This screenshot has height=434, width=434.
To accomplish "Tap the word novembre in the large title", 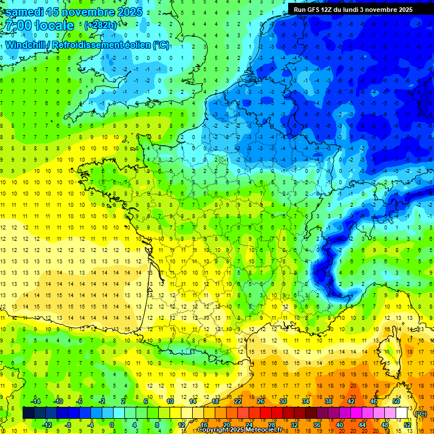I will (88, 12).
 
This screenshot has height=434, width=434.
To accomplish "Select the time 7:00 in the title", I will (17, 25).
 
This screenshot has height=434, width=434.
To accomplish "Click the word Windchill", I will (26, 45).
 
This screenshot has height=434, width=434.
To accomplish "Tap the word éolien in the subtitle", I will (138, 45).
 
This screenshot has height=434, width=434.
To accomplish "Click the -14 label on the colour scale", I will (35, 401).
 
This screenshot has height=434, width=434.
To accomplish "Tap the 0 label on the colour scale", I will (111, 424).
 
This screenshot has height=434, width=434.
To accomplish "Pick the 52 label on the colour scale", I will (407, 424).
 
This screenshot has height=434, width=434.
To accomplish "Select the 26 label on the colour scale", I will (261, 401).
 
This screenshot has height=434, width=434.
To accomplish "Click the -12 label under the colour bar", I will (47, 424).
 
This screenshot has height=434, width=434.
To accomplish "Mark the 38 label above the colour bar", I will (328, 401).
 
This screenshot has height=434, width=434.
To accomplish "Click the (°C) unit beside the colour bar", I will (421, 413).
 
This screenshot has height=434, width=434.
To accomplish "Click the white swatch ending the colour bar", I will (401, 413).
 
